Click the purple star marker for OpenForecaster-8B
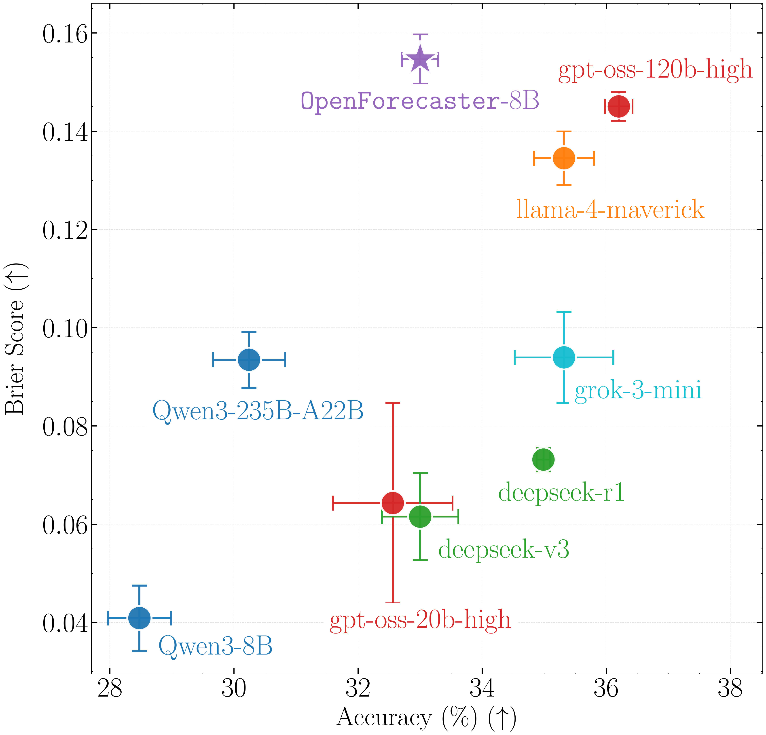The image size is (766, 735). tap(420, 59)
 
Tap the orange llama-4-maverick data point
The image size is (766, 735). tap(564, 158)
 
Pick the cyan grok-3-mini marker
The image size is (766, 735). tap(564, 357)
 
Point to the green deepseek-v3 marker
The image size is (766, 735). tap(420, 517)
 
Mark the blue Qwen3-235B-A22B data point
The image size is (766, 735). tap(249, 359)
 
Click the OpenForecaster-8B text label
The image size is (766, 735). tap(420, 101)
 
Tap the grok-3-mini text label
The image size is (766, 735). tap(638, 390)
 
